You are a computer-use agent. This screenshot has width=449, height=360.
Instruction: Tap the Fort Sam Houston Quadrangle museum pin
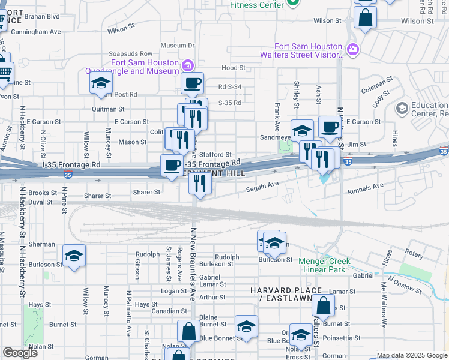pyautogui.click(x=188, y=65)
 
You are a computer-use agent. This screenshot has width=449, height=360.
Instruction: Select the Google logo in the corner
pyautogui.click(x=20, y=353)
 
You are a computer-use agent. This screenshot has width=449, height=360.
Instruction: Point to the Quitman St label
pyautogui.click(x=108, y=109)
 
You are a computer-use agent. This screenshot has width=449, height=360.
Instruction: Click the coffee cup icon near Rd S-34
pyautogui.click(x=193, y=83)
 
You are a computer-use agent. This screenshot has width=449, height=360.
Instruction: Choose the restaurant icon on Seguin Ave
pyautogui.click(x=200, y=182)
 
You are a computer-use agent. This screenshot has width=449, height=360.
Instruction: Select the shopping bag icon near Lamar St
pyautogui.click(x=323, y=305)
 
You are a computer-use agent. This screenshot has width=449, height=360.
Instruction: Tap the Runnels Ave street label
pyautogui.click(x=366, y=186)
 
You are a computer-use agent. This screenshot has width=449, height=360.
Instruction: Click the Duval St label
pyautogui.click(x=40, y=202)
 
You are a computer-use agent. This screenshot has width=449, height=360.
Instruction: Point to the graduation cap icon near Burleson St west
pyautogui.click(x=74, y=256)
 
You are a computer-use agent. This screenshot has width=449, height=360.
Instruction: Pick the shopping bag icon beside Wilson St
pyautogui.click(x=365, y=17)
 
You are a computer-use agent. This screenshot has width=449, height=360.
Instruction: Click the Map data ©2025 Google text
pyautogui.click(x=412, y=355)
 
